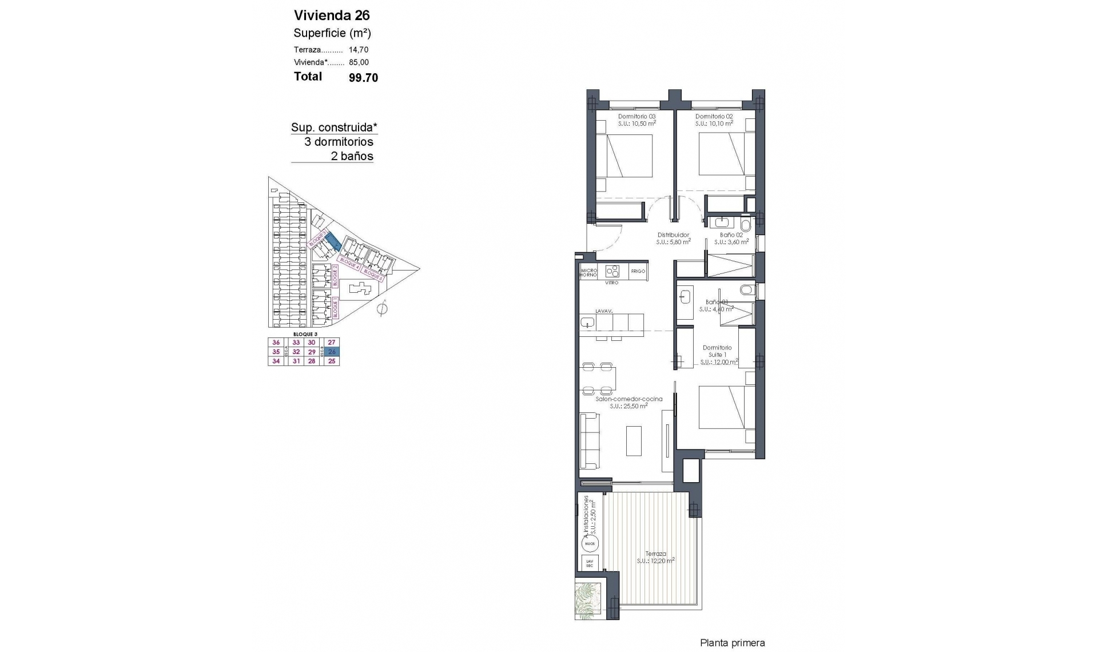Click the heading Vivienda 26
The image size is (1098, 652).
pos(332,15)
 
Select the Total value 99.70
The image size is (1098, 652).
pos(363,78)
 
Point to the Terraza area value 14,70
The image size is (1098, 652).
pos(359,50)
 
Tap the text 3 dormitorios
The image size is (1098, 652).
pos(339,142)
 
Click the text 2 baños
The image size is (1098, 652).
pos(352,156)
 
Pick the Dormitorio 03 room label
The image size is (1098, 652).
pos(636,116)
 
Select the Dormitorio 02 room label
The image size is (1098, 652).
pos(714,116)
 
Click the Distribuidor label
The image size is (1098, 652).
pos(673,235)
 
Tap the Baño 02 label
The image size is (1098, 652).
pos(731,235)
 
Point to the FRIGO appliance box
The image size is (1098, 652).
pos(638,271)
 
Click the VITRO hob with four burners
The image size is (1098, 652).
pos(612,271)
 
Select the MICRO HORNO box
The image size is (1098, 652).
pos(588,272)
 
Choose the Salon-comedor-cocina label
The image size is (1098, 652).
pos(628,399)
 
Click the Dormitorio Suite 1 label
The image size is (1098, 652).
pos(717,351)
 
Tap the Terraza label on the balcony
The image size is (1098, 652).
pos(655,554)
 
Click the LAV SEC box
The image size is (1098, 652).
pos(590,563)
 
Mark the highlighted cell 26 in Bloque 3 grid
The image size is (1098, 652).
pos(332,352)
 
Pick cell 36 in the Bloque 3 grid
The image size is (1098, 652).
pos(276,343)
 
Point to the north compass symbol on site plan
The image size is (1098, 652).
pos(383,309)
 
